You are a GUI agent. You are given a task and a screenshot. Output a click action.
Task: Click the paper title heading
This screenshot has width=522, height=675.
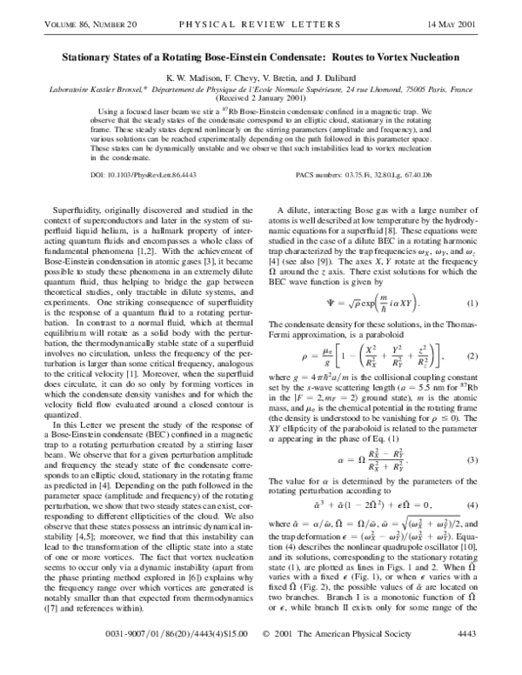coord(261,54)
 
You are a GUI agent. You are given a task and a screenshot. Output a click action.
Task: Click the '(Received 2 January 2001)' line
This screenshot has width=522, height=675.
coord(261,97)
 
